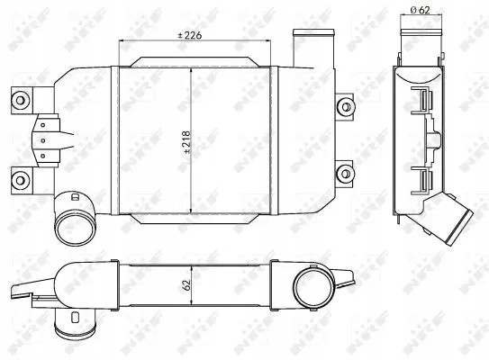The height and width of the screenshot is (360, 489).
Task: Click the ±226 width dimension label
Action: point(190,35)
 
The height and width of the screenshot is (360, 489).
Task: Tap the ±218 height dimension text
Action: point(187,142)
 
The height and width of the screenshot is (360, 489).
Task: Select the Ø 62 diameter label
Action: point(420,10)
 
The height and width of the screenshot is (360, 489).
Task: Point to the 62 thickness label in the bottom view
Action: point(186,285)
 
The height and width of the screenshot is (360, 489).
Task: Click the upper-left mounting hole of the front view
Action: point(21,101)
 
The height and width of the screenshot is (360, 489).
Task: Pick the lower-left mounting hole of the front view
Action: point(21,181)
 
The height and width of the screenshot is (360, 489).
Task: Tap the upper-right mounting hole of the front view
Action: point(346,107)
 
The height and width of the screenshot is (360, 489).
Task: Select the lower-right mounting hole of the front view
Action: point(346,174)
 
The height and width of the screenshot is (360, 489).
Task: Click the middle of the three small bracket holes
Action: point(43,140)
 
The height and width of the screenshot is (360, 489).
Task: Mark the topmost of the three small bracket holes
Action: point(43,125)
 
